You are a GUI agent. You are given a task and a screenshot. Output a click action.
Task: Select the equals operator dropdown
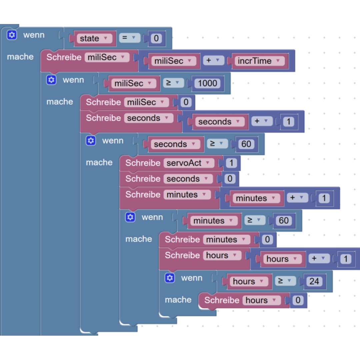pyautogui.click(x=129, y=38)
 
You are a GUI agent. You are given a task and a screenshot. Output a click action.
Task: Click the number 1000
pyautogui.click(x=207, y=83)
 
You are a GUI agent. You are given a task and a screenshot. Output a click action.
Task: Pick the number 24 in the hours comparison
pyautogui.click(x=314, y=281)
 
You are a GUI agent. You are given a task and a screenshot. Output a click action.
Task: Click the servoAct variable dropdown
pyautogui.click(x=188, y=163)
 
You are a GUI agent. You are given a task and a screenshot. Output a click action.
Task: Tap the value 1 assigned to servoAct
pyautogui.click(x=231, y=163)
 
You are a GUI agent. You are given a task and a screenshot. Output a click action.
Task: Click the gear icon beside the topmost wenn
pyautogui.click(x=12, y=35)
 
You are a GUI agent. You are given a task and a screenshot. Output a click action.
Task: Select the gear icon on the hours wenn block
pyautogui.click(x=170, y=278)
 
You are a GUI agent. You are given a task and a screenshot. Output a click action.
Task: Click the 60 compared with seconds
pyautogui.click(x=246, y=144)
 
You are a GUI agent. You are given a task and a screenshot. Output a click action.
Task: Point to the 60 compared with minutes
pyautogui.click(x=284, y=220)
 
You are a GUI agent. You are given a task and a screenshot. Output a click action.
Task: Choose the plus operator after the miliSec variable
pyautogui.click(x=214, y=60)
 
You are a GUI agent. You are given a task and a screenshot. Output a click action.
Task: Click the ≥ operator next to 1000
pyautogui.click(x=173, y=83)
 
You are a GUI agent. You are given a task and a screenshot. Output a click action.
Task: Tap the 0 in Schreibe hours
pyautogui.click(x=298, y=300)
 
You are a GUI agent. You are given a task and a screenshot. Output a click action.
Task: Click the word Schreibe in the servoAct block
pyautogui.click(x=143, y=163)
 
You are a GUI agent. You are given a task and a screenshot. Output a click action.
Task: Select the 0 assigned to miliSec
pyautogui.click(x=186, y=102)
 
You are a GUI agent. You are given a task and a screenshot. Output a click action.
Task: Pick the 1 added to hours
pyautogui.click(x=346, y=259)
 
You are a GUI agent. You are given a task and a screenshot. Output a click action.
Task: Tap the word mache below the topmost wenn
pyautogui.click(x=20, y=57)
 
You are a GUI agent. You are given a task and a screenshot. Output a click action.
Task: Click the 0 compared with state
pyautogui.click(x=156, y=38)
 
